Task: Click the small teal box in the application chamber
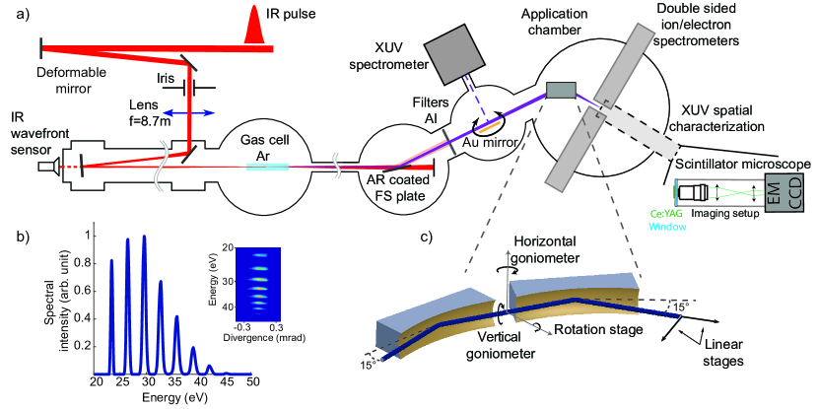pos(561,90)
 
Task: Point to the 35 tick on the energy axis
pos(174,381)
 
